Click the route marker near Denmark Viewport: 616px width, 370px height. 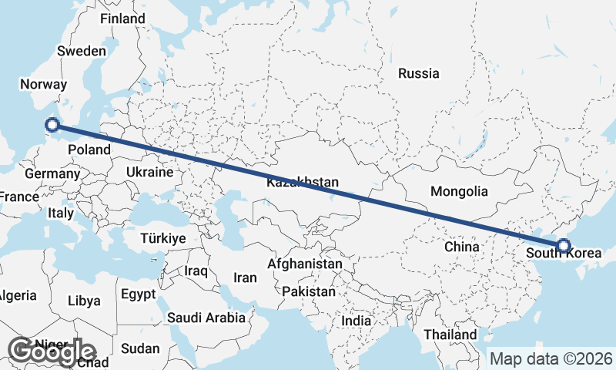coord(52,124)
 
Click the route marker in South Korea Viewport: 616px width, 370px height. coord(564,246)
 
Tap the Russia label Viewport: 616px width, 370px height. coord(418,74)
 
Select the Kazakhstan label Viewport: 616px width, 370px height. coord(303,183)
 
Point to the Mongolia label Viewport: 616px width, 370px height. coord(459,191)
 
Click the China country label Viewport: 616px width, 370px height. coord(462,247)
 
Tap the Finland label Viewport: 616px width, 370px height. coord(122,18)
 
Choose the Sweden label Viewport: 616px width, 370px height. coord(82,51)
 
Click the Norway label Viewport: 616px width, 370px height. coord(38,84)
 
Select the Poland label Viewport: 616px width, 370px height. coord(89,149)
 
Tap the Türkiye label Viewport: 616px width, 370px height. coord(162,238)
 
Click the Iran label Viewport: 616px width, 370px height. coord(245,277)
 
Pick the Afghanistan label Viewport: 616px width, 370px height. coord(304,264)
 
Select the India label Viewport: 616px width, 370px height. coord(357,321)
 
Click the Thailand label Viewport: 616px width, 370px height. coord(450,335)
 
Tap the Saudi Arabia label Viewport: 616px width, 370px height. coord(206,317)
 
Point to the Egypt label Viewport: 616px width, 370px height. coord(139,294)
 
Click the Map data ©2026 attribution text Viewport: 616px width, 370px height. coord(551,358)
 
